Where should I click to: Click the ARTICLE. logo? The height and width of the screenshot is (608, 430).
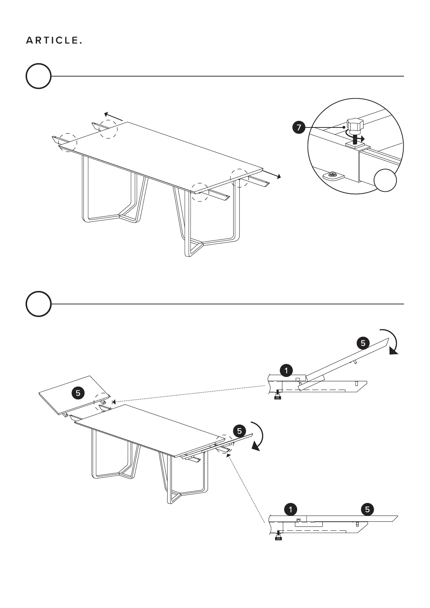point(54,41)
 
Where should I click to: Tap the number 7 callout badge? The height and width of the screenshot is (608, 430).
point(299,127)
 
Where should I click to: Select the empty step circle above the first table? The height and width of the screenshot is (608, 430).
point(38,76)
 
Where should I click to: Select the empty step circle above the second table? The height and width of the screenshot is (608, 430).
point(38,304)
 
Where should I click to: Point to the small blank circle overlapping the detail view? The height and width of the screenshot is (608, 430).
point(385,180)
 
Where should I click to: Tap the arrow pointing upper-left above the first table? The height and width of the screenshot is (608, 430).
point(113,117)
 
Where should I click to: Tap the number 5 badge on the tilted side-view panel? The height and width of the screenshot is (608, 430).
point(363,343)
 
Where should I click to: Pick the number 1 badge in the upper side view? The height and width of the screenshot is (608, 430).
point(286,370)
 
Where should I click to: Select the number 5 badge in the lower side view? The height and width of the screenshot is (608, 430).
point(367,509)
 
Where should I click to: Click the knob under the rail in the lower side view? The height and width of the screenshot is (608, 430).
point(278,538)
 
